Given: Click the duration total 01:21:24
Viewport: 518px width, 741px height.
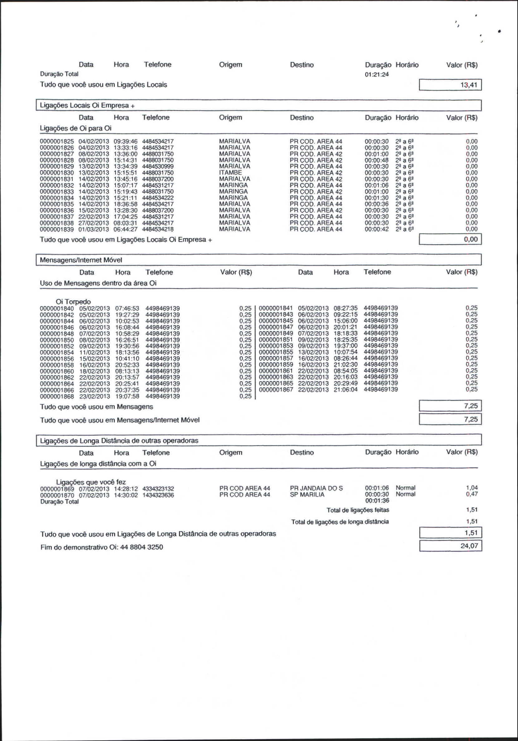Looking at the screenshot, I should tap(376, 75).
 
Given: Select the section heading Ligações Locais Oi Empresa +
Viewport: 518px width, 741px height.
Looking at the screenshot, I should tap(87, 106).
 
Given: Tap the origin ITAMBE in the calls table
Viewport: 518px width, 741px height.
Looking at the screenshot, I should tap(230, 173).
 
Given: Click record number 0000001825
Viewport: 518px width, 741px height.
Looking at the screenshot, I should tap(57, 141).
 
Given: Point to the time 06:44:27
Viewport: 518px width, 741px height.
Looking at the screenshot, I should tap(125, 229).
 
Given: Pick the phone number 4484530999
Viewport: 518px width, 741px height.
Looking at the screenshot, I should tap(158, 166).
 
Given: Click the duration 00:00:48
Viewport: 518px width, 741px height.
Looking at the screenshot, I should tap(376, 160).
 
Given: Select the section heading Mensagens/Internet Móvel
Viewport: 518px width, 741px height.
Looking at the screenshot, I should tap(81, 260).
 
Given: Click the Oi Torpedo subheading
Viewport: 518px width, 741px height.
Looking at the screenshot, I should tap(73, 302).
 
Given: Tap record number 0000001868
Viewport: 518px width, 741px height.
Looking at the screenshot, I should tap(57, 396).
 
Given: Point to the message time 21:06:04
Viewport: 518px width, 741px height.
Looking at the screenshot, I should tap(345, 389).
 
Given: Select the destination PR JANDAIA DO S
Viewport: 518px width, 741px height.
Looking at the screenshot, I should tap(316, 488).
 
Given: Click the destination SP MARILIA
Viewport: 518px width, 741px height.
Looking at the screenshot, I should tap(307, 495).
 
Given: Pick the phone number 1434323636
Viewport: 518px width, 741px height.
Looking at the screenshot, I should tap(158, 495).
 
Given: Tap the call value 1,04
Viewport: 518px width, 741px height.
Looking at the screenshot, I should tap(472, 488).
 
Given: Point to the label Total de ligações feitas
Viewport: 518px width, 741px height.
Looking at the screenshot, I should tap(358, 510).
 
